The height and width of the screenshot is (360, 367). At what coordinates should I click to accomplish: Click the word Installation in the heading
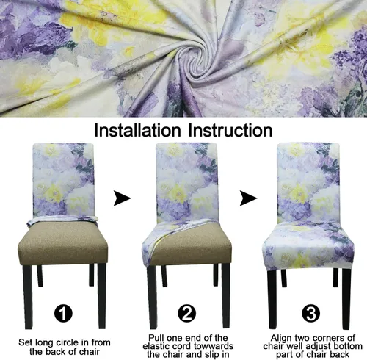click(x=137, y=130)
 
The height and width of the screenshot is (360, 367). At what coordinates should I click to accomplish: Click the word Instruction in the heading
click(x=230, y=130)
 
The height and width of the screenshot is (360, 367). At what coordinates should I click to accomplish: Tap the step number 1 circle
click(x=63, y=313)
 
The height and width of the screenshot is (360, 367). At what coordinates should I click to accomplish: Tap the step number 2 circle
click(x=187, y=313)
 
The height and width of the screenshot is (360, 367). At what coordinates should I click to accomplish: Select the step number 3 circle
click(x=310, y=313)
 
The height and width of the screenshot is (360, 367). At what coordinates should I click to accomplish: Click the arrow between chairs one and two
click(x=122, y=198)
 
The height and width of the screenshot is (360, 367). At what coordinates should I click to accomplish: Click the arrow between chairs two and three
click(x=248, y=198)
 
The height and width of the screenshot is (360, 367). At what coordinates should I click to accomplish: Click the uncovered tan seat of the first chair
click(x=63, y=245)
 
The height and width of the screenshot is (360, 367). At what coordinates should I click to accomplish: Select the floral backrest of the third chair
click(x=308, y=182)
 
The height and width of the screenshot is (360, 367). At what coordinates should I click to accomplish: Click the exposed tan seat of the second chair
click(x=193, y=245)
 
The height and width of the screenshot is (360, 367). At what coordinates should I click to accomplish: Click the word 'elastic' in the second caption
click(x=157, y=346)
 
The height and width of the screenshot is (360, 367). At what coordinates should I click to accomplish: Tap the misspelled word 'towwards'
click(x=211, y=346)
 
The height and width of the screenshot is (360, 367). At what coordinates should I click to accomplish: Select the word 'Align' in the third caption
click(x=281, y=338)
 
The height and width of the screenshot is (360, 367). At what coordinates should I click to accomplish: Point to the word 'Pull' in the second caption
click(x=156, y=338)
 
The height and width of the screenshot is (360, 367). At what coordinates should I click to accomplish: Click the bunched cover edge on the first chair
click(x=63, y=221)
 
